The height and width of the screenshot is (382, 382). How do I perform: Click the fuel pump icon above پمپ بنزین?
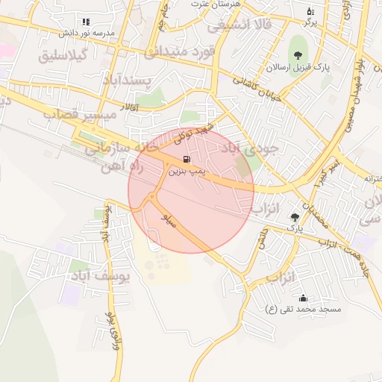click(186, 159)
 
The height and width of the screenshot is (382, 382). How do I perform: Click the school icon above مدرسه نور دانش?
click(86, 22)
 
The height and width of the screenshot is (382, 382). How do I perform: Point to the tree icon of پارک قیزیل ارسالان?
click(298, 54)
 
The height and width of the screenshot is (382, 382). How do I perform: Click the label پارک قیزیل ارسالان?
click(298, 67)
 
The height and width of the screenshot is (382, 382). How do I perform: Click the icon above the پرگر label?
click(311, 11)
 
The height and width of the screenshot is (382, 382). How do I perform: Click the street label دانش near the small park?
click(263, 237)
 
